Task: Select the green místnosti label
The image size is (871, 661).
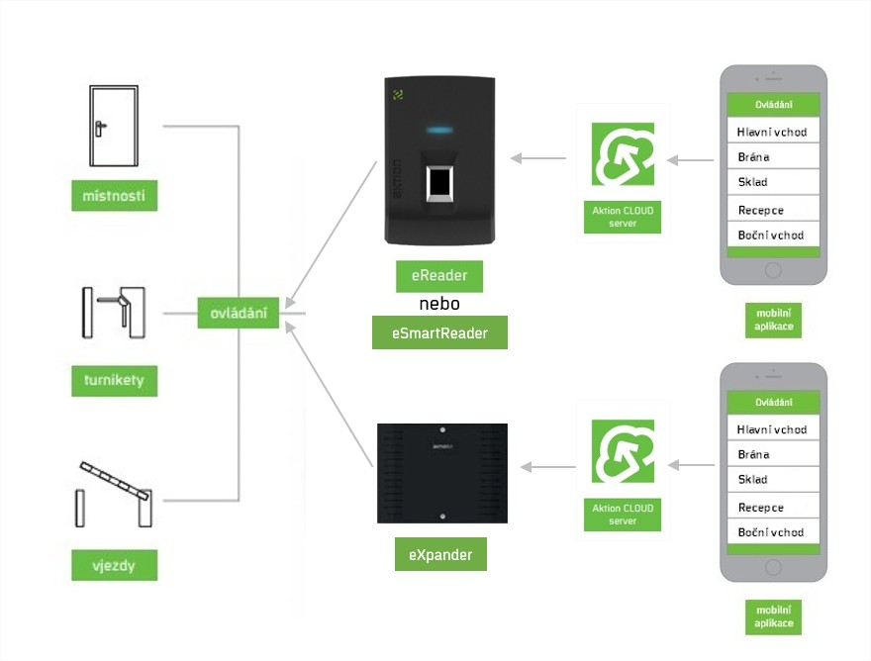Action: (115, 196)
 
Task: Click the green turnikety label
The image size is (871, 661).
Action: (115, 379)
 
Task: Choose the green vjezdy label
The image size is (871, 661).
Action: (115, 565)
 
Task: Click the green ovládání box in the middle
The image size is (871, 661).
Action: (238, 313)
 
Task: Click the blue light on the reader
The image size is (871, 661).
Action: (439, 129)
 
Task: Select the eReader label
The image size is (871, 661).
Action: (439, 275)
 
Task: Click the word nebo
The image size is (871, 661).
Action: (439, 304)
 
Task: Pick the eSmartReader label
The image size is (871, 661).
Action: (439, 333)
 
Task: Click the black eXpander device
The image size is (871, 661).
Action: (441, 473)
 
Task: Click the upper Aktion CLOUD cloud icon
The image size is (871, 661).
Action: (623, 154)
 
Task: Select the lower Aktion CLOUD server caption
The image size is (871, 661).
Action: (623, 515)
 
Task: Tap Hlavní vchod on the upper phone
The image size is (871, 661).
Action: (773, 132)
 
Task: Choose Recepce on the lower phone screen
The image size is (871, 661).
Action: (773, 507)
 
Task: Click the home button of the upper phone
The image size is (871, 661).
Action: (773, 271)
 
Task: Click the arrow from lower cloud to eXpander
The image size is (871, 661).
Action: (549, 466)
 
